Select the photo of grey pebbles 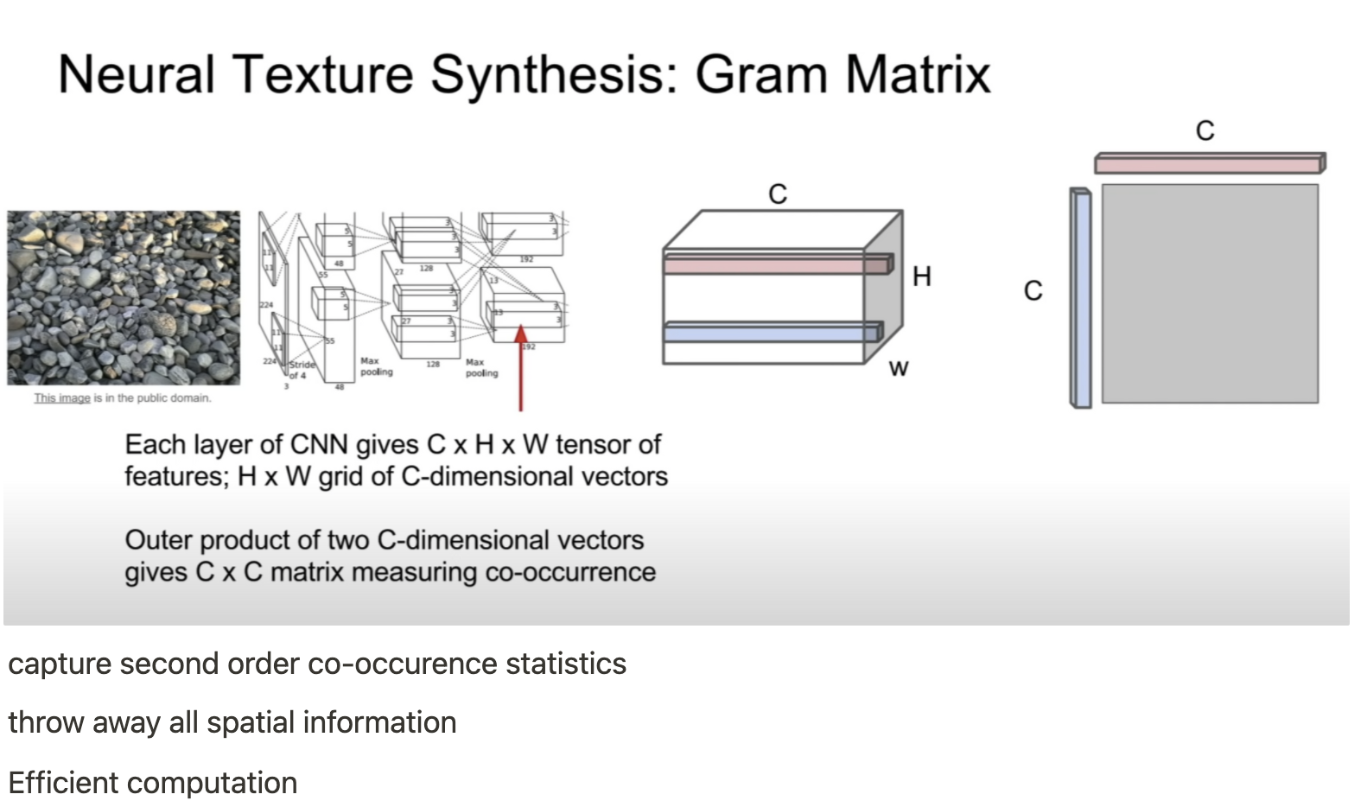click(x=124, y=297)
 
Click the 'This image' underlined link click(x=61, y=398)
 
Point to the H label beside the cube click(x=922, y=276)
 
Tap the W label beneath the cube click(x=899, y=369)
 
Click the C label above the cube click(x=778, y=194)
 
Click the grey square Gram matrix click(x=1210, y=293)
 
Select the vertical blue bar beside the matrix click(x=1080, y=298)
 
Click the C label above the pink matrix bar click(x=1205, y=130)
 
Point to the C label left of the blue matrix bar click(x=1033, y=290)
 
